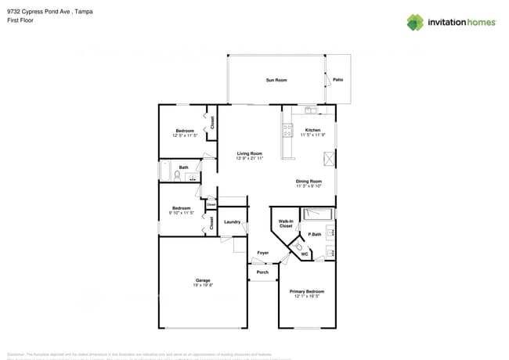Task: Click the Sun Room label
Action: (x=276, y=80)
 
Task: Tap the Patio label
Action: (x=338, y=80)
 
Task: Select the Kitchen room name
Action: (x=312, y=130)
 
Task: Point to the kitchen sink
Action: (x=311, y=109)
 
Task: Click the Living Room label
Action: (x=250, y=153)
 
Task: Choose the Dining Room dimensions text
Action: (x=309, y=186)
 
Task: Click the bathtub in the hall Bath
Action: (x=165, y=171)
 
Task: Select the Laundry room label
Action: (x=232, y=222)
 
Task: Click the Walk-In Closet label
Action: (x=286, y=224)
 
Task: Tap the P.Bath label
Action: (x=315, y=235)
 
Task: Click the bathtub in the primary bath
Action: (x=318, y=213)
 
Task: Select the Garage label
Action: (x=203, y=280)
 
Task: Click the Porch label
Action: (x=263, y=272)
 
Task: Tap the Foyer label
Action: (x=263, y=253)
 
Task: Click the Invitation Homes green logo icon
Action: (x=415, y=23)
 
